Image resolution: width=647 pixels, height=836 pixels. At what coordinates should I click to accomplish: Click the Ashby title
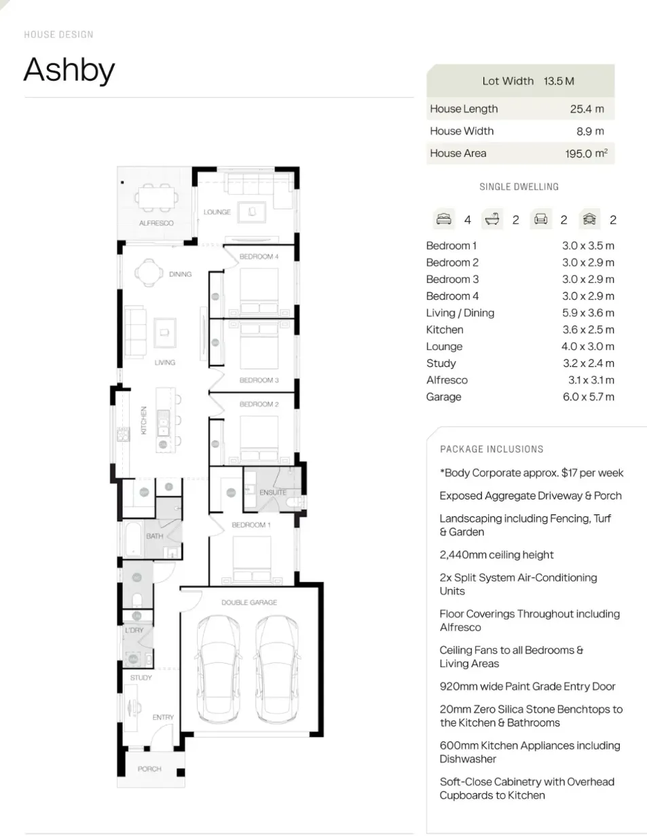click(x=69, y=71)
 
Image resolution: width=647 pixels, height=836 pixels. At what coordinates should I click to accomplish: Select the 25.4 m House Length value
click(x=587, y=109)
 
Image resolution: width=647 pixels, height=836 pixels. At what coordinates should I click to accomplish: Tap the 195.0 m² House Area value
click(x=586, y=153)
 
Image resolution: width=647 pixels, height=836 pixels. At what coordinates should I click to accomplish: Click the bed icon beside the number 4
click(x=444, y=219)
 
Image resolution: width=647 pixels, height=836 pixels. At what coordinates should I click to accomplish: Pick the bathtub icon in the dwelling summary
click(x=492, y=219)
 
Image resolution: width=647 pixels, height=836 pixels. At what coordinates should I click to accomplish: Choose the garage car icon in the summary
click(x=589, y=219)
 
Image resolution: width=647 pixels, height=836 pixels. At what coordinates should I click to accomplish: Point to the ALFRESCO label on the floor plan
click(x=156, y=223)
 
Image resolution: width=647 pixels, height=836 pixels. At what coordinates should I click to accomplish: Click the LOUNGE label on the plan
click(x=217, y=212)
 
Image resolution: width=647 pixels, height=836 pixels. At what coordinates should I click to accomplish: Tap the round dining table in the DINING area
click(x=149, y=273)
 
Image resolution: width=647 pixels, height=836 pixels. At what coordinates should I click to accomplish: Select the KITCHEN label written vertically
click(x=143, y=420)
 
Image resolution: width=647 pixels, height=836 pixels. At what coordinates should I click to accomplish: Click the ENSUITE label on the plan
click(x=273, y=493)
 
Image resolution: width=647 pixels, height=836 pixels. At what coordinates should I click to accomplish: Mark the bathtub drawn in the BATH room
click(x=133, y=538)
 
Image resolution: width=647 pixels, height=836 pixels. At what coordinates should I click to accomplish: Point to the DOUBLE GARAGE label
click(x=249, y=603)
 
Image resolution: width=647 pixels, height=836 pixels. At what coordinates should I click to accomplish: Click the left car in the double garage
click(x=218, y=670)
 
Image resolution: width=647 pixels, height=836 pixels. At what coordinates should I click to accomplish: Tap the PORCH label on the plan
click(x=149, y=769)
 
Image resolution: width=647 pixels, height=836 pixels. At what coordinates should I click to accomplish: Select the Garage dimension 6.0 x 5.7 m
click(x=588, y=397)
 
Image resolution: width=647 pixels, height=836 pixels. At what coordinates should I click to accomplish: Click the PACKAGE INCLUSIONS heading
click(x=492, y=449)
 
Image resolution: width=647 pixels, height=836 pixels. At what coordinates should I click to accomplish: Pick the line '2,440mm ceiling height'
click(x=496, y=555)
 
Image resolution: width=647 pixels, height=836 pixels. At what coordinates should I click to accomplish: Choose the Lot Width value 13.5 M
click(x=559, y=81)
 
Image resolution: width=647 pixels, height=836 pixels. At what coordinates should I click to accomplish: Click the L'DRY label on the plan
click(x=134, y=630)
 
